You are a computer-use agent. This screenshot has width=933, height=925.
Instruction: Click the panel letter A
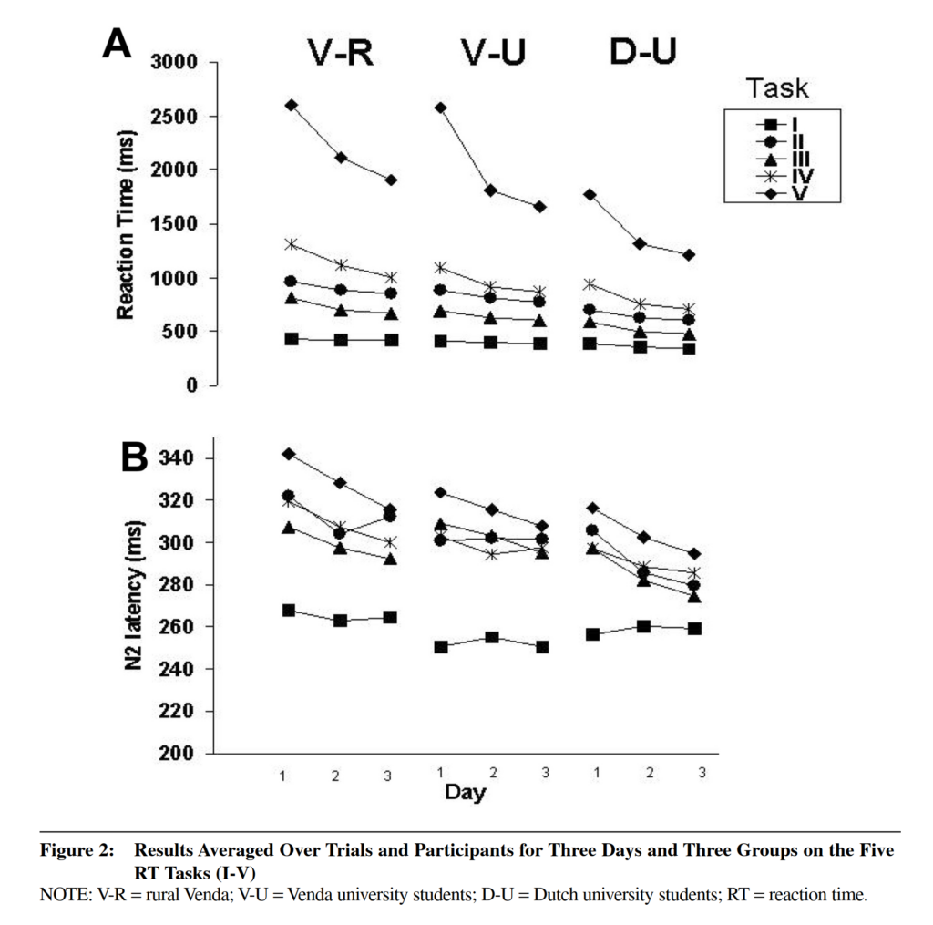click(118, 43)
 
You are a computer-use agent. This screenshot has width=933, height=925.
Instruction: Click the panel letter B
click(134, 457)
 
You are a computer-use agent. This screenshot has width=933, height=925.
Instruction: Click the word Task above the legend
click(777, 88)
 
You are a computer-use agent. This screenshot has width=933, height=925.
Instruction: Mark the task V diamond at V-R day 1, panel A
click(291, 105)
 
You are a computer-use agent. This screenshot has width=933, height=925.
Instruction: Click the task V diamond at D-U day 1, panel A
click(590, 194)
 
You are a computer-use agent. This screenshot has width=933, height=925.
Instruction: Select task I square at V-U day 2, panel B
click(491, 637)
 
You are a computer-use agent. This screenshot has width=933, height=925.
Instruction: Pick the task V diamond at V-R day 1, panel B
click(289, 453)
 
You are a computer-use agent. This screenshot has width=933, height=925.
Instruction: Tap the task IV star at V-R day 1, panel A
click(291, 244)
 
